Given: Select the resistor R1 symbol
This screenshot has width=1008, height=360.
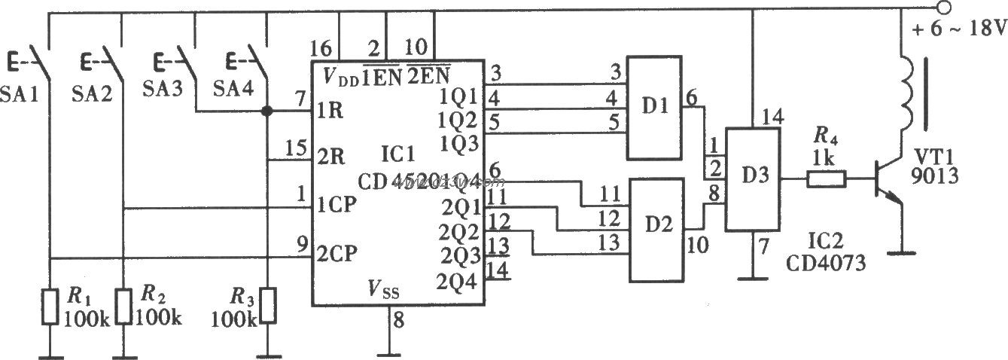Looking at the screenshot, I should tap(50, 304).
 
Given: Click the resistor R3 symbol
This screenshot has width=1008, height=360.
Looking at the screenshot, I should tap(266, 306).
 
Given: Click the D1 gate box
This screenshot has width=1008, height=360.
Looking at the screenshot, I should tap(655, 108).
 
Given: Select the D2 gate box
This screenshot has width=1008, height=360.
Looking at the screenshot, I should tap(656, 230).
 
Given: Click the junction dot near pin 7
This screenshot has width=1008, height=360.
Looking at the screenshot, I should tap(266, 111).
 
